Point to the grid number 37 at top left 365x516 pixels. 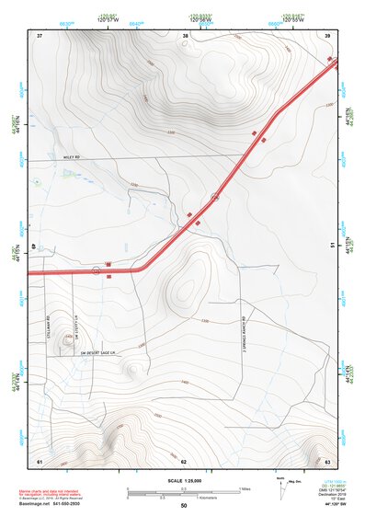tap(40, 35)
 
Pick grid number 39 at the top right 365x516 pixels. tap(328, 35)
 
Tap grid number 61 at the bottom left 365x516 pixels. tap(40, 460)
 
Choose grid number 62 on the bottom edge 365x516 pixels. tap(184, 460)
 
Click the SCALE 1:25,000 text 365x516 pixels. tap(183, 480)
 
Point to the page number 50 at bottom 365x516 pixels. tap(184, 506)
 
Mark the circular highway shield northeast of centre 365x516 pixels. tap(215, 197)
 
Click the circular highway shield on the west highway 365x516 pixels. tap(96, 270)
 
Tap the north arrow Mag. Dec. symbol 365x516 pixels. tap(280, 485)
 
